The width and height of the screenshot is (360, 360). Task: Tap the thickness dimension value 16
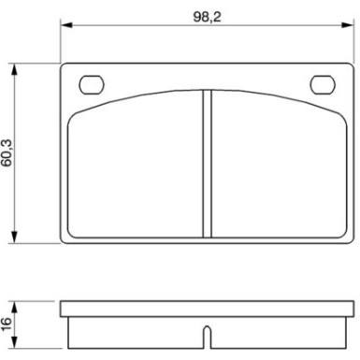click(x=8, y=323)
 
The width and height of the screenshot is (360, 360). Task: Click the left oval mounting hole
click(x=93, y=83)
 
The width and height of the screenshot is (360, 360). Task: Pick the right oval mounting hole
click(x=324, y=83)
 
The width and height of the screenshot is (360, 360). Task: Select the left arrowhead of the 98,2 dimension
click(x=65, y=28)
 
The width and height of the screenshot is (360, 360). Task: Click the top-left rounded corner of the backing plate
click(x=64, y=65)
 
